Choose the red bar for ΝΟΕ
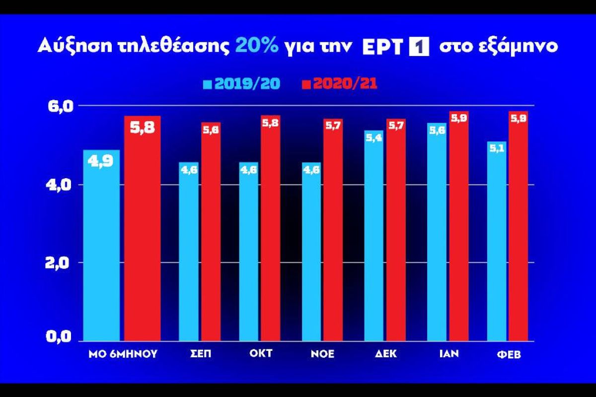[x=333, y=230]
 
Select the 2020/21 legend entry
[x=339, y=84]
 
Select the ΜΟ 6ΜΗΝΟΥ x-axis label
[x=122, y=354]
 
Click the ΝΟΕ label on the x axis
[x=322, y=354]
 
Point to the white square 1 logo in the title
[x=418, y=46]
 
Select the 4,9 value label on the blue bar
[x=101, y=161]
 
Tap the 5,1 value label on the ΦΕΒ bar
[x=497, y=148]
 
